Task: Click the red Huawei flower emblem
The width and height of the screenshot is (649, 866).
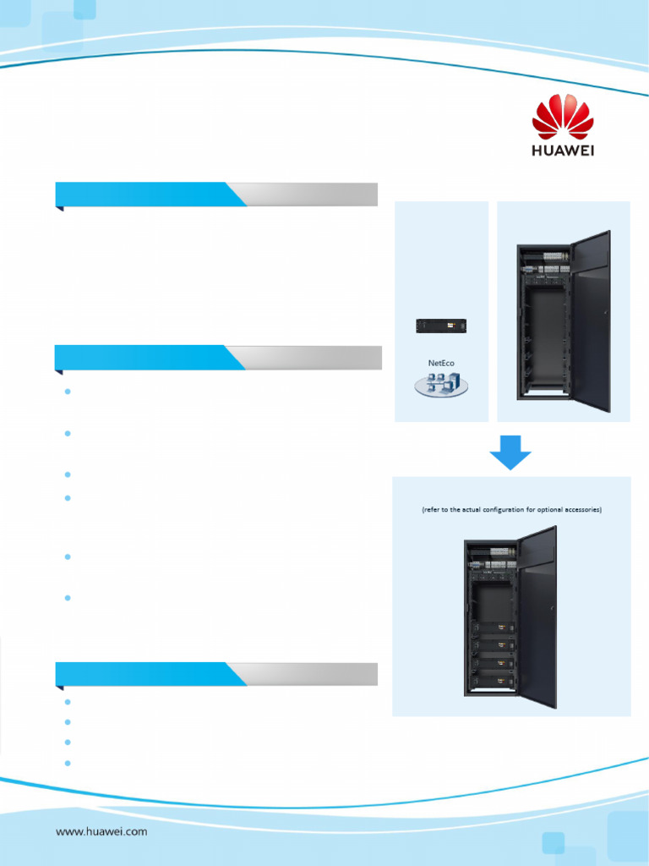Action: pos(563,117)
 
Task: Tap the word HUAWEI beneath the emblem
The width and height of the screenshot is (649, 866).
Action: pos(563,150)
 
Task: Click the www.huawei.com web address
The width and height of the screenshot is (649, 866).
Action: pos(101,831)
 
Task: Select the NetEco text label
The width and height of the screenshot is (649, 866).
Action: pos(441,363)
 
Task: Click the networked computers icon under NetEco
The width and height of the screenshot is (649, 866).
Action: pos(440,385)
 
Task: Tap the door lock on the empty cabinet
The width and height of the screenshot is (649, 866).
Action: pos(606,314)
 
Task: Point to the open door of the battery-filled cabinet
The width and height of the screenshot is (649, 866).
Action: pos(537,617)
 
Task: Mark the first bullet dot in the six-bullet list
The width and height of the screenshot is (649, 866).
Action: pos(66,392)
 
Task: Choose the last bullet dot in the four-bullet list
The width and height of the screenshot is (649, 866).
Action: pos(66,762)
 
